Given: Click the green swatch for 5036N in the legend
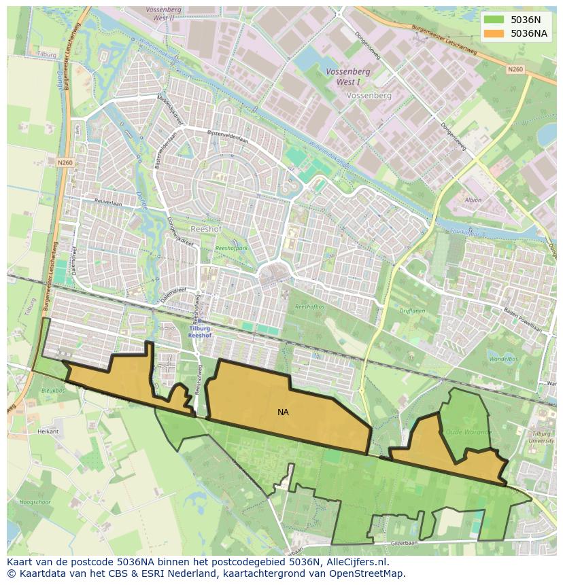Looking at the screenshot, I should tap(494, 20).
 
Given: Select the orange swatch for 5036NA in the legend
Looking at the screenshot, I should tap(494, 33).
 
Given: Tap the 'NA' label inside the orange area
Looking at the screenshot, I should tap(283, 412).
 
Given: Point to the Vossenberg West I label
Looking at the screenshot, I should tap(347, 75).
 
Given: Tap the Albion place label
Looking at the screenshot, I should tap(473, 200).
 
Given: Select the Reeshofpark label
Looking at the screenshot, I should tap(231, 249).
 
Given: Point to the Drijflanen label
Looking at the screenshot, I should tap(411, 311).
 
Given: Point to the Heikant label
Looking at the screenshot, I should tap(48, 431).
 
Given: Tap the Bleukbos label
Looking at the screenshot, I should tap(52, 391).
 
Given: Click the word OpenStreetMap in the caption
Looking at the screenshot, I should tap(368, 573).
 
